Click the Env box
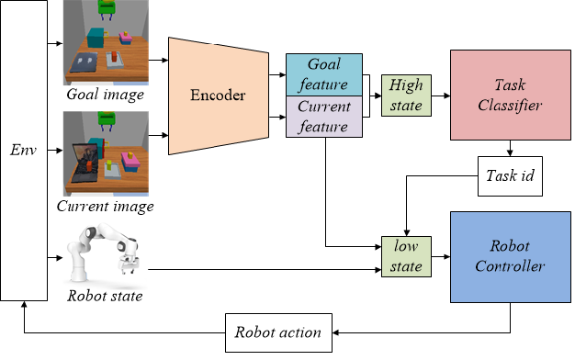23,150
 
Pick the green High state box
405,96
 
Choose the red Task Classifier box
509,95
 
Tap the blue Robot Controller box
509,256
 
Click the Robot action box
278,332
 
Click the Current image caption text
105,207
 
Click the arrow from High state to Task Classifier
438,96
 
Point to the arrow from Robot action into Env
119,332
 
